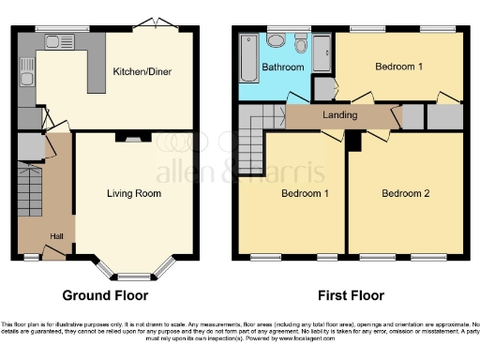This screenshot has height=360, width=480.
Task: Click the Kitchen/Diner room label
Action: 142,71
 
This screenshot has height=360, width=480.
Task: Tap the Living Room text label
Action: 133,194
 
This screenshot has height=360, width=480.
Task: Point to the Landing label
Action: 338,116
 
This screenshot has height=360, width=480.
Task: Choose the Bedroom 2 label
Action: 405,194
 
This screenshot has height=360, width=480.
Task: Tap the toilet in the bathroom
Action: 300,42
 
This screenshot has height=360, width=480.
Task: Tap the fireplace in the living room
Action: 123,139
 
